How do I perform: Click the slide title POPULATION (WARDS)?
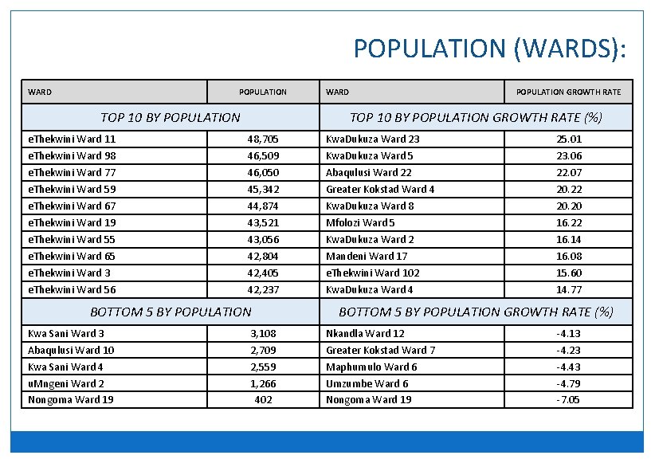point(490,49)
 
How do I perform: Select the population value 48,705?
point(263,139)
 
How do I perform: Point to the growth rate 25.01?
point(569,139)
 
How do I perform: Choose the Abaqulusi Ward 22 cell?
point(369,172)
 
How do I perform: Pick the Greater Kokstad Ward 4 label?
point(380,189)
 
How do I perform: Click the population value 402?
point(263,399)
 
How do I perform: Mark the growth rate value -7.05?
point(568,399)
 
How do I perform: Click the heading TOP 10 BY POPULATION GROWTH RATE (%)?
point(476,117)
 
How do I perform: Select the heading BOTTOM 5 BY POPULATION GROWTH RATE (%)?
point(476,312)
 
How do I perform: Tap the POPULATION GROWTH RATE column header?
point(568,92)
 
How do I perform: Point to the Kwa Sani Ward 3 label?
point(66,333)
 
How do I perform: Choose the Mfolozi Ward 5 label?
point(360,222)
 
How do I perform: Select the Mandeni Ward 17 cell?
point(367,256)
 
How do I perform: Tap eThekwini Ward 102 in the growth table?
point(373,273)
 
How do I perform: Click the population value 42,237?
point(263,289)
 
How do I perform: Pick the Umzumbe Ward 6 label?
point(367,383)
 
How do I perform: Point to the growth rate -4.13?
point(568,333)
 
